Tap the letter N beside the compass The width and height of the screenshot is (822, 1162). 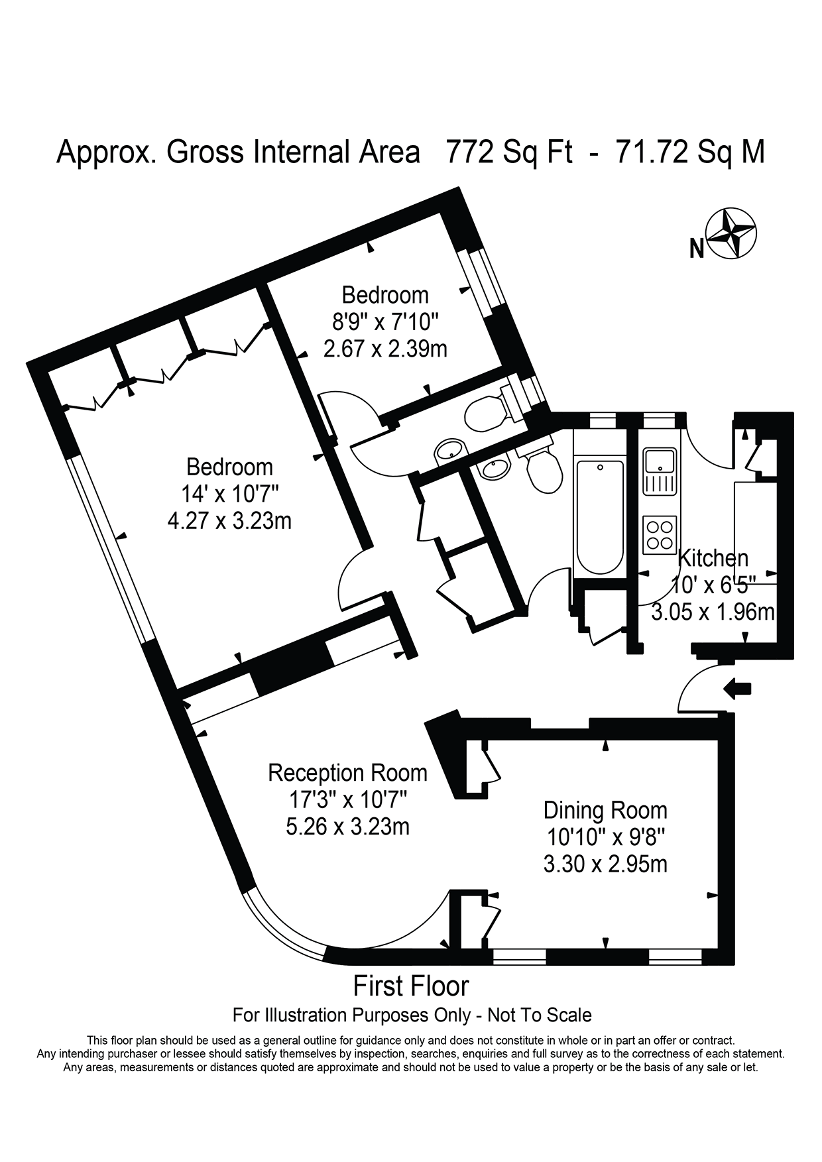pyautogui.click(x=696, y=249)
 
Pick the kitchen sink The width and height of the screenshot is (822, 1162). pyautogui.click(x=660, y=472)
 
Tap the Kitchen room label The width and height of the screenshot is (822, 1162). pyautogui.click(x=713, y=558)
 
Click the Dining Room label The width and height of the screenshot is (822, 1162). pyautogui.click(x=605, y=810)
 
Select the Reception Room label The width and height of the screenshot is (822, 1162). pyautogui.click(x=347, y=773)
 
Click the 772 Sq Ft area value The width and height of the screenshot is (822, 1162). pyautogui.click(x=509, y=152)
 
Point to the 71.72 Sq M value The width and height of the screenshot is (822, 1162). pyautogui.click(x=690, y=152)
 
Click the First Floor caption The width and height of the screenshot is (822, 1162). pyautogui.click(x=411, y=986)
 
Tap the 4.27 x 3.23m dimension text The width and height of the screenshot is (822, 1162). pyautogui.click(x=230, y=520)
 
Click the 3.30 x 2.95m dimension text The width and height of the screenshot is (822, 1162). pyautogui.click(x=605, y=864)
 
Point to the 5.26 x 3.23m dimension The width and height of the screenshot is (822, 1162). pyautogui.click(x=347, y=827)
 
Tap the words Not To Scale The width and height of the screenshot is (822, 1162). pyautogui.click(x=540, y=1015)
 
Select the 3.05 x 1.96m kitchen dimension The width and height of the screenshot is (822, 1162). pyautogui.click(x=713, y=611)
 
